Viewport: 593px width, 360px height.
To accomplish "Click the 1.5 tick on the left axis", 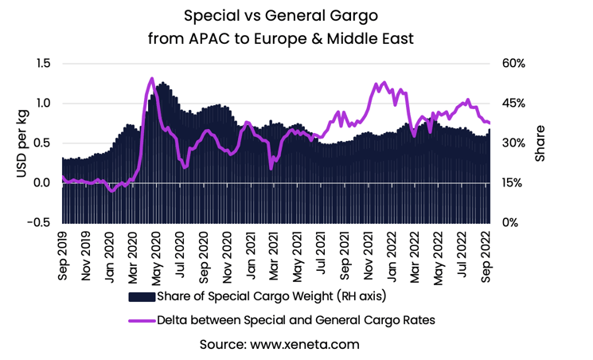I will click(x=41, y=64).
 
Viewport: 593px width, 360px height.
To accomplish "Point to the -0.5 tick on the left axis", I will click(x=37, y=222).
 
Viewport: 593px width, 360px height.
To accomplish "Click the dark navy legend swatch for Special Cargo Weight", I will click(x=141, y=297).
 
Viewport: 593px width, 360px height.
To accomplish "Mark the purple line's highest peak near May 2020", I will click(x=151, y=78).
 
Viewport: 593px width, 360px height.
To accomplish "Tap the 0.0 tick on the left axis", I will click(x=41, y=182).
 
